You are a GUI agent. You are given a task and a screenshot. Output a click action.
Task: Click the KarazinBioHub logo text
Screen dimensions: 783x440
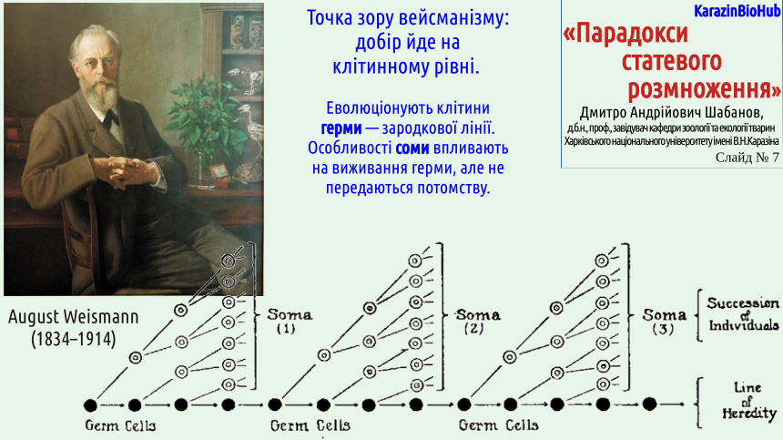pyautogui.click(x=737, y=11)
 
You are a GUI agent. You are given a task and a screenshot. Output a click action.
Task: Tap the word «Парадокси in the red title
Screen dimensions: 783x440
pyautogui.click(x=625, y=34)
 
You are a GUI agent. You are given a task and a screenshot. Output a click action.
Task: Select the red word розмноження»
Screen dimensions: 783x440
pyautogui.click(x=704, y=89)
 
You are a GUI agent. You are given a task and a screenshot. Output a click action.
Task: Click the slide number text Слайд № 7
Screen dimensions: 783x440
pyautogui.click(x=747, y=158)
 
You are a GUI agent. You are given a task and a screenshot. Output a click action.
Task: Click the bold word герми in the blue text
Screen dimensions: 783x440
pyautogui.click(x=341, y=128)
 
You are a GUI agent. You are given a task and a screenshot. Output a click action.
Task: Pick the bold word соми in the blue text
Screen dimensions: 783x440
pyautogui.click(x=412, y=148)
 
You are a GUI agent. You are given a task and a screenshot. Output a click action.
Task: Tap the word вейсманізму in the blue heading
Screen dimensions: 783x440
pyautogui.click(x=453, y=18)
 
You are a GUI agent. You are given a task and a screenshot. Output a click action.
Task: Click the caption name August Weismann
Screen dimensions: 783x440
pyautogui.click(x=74, y=317)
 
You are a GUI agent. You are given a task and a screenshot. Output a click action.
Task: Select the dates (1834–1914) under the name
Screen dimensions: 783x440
pyautogui.click(x=74, y=339)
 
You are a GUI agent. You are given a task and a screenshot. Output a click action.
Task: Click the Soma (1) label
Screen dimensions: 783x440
pyautogui.click(x=289, y=321)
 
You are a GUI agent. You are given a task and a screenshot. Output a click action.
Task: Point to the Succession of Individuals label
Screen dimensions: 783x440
pyautogui.click(x=743, y=314)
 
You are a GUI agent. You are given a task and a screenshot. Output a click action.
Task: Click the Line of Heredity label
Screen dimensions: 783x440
pyautogui.click(x=748, y=401)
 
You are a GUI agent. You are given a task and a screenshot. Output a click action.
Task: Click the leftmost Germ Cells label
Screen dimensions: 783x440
pyautogui.click(x=120, y=425)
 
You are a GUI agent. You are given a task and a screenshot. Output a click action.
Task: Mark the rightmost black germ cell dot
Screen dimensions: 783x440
pyautogui.click(x=649, y=404)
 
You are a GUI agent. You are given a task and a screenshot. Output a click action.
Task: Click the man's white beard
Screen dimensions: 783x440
pyautogui.click(x=99, y=96)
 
